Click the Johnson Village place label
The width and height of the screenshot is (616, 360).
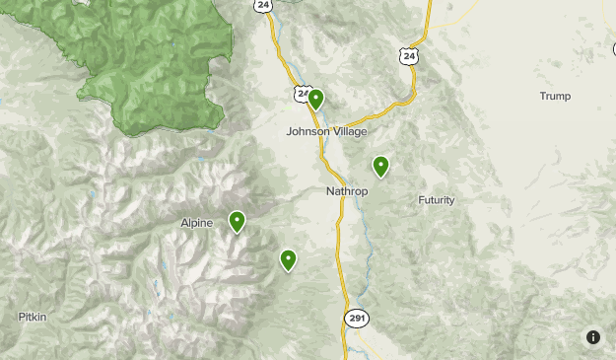pos(326,130)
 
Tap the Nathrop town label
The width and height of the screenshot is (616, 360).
pos(346,190)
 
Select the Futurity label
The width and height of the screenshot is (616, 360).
pos(437,200)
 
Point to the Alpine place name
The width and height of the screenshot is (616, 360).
pos(196,223)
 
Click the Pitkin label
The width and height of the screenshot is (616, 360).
pos(32,317)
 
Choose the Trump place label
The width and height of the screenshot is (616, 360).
pos(555,96)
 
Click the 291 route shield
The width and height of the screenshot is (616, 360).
pos(356,317)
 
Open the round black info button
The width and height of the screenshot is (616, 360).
pos(593,337)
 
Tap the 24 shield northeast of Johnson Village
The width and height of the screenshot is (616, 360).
pos(409,57)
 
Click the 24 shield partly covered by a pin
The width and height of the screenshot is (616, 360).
pos(302,94)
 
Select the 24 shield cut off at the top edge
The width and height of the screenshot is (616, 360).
pos(262,5)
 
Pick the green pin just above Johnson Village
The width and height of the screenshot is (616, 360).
pos(315,99)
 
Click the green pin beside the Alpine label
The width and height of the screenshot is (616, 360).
pos(237,221)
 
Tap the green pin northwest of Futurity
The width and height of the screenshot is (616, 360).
pos(380,166)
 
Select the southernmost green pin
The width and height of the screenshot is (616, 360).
pos(288,259)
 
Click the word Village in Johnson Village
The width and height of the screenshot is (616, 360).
pos(348,130)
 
